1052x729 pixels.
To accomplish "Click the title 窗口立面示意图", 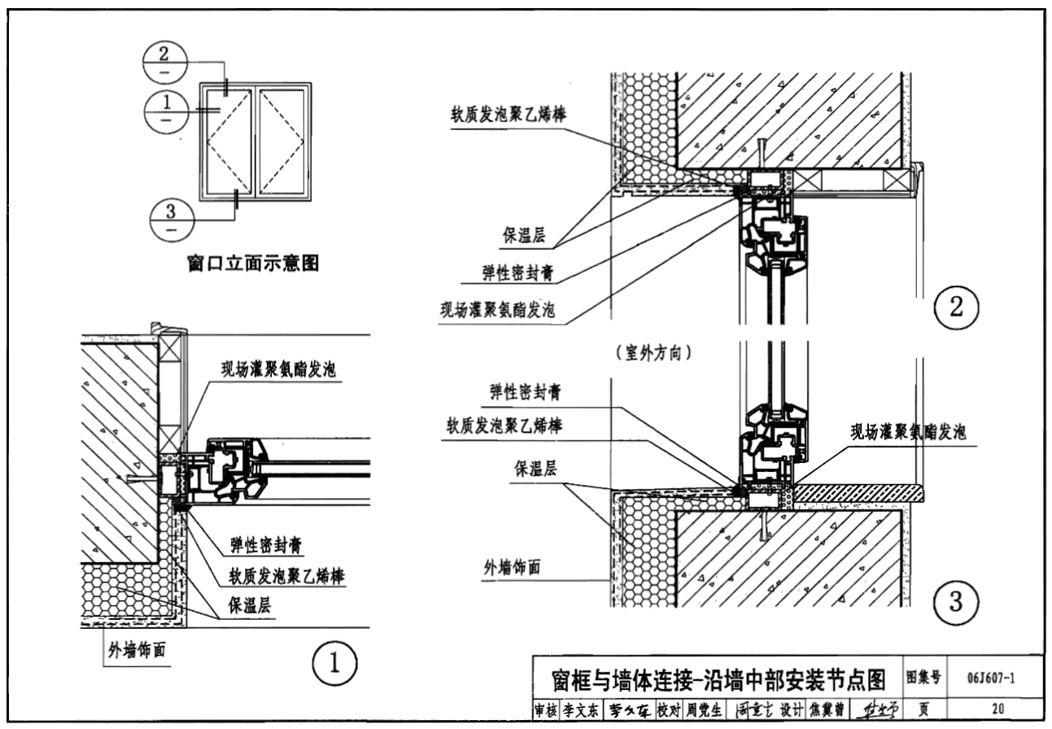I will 252,264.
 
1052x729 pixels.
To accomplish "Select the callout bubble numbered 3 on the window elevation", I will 172,220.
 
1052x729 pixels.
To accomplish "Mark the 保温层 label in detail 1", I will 249,607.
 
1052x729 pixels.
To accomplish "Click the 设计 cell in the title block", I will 792,710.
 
